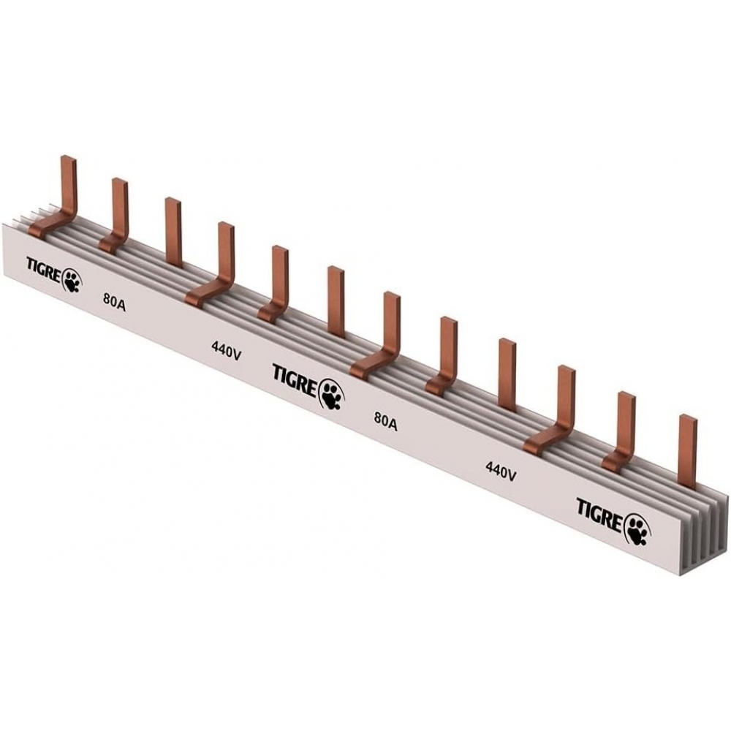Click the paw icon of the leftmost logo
pos(73,279)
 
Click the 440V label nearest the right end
pos(501,471)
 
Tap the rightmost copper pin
pos(687,450)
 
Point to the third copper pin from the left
pos(173,230)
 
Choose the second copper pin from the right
pos(626,424)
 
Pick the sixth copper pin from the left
pos(336,300)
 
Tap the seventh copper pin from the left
pos(391,325)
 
